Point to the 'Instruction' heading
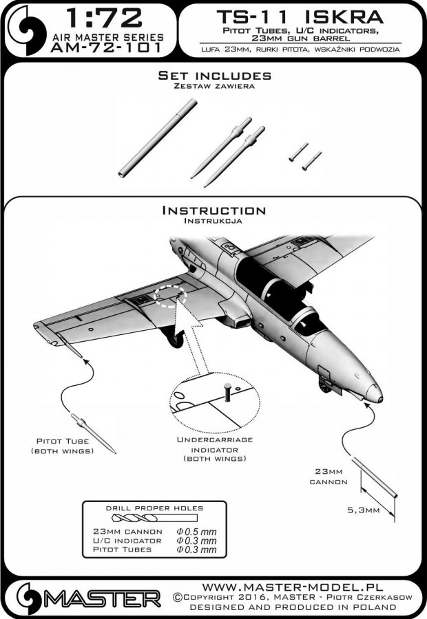(213, 210)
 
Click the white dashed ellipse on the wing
(171, 295)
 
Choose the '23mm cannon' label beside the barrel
(323, 477)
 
